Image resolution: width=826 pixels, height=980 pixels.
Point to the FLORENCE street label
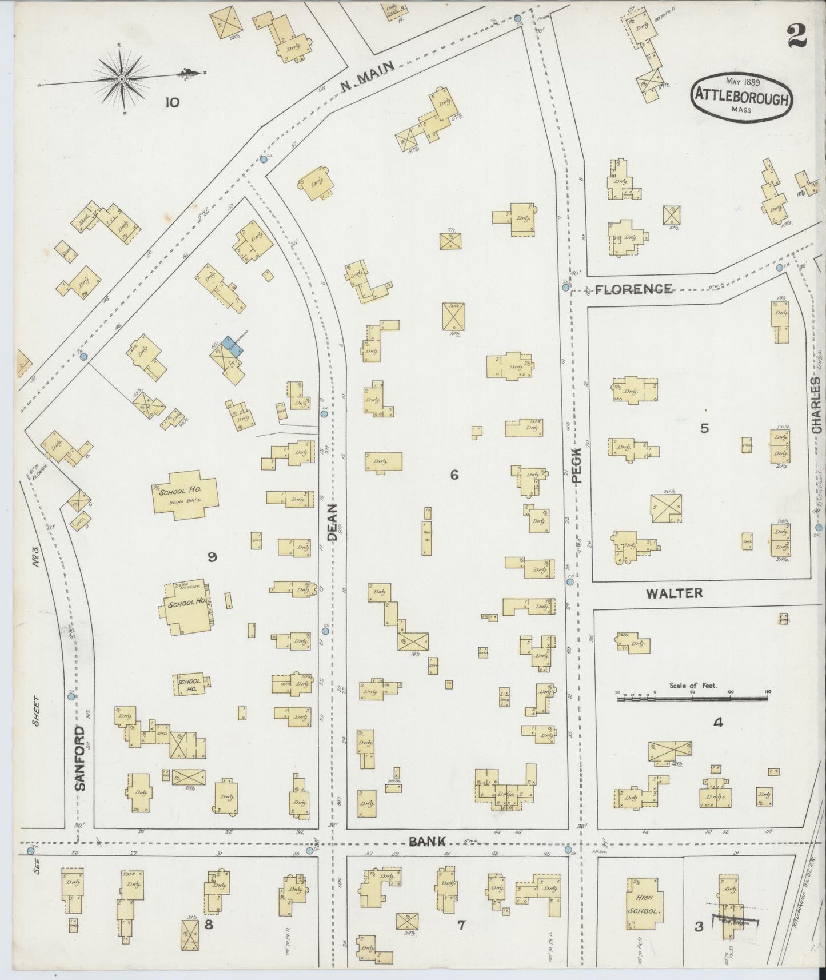tap(633, 289)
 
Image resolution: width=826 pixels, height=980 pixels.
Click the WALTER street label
tap(675, 593)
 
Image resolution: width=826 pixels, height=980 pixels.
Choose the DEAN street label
tap(333, 523)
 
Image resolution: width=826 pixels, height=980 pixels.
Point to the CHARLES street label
tap(816, 405)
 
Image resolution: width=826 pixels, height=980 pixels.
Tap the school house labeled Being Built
tap(183, 495)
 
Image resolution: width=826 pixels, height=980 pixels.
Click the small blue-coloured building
tap(233, 346)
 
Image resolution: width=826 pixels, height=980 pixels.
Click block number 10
tap(172, 103)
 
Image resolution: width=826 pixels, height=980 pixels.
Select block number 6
tap(454, 474)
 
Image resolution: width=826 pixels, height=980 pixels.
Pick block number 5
tap(704, 428)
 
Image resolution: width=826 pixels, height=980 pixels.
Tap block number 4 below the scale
tap(717, 723)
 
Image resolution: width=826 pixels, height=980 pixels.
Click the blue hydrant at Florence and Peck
tap(565, 288)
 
